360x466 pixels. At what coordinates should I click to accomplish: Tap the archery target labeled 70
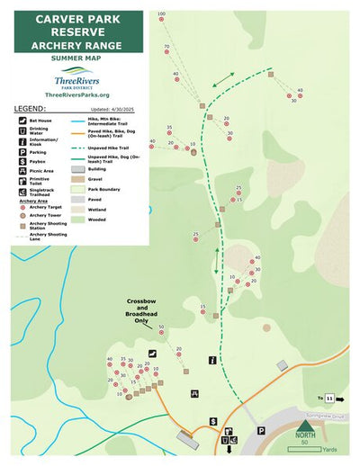(x=166, y=53)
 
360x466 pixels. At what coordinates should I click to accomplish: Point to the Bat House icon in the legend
(x=21, y=120)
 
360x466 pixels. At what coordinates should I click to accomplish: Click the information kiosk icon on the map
(x=211, y=360)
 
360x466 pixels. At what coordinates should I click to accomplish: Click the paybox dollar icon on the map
(x=213, y=421)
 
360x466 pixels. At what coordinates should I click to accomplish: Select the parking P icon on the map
(x=261, y=430)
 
